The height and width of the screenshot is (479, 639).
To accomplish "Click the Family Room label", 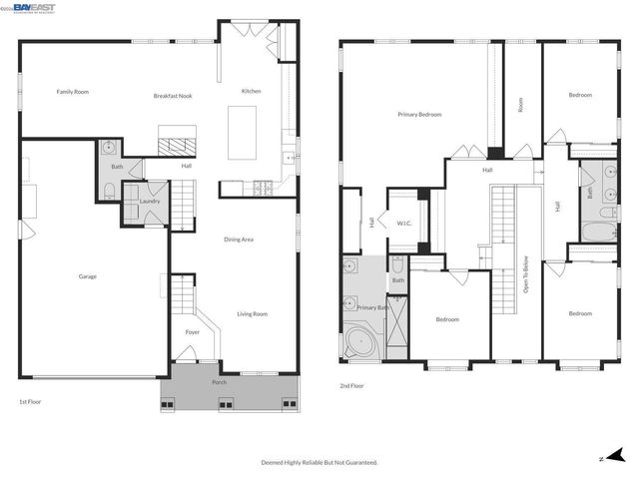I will pyautogui.click(x=72, y=92).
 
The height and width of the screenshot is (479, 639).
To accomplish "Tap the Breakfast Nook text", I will pyautogui.click(x=173, y=96).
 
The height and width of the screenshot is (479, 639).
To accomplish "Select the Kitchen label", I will pyautogui.click(x=252, y=92).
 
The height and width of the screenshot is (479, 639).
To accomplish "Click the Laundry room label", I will pyautogui.click(x=150, y=202).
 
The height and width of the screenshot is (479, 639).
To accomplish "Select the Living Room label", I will pyautogui.click(x=252, y=314).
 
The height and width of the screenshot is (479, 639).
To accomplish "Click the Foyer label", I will pyautogui.click(x=193, y=332).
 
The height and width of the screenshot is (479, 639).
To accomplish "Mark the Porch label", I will pyautogui.click(x=218, y=382).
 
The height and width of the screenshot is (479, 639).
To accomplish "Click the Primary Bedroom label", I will pyautogui.click(x=419, y=115).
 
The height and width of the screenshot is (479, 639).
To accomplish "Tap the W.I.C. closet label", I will pyautogui.click(x=405, y=224).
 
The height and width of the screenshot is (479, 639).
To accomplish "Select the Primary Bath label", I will pyautogui.click(x=373, y=308).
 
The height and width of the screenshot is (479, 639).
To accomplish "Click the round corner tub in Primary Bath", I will pyautogui.click(x=358, y=343).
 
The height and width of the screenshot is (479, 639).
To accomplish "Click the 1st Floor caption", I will pyautogui.click(x=30, y=401).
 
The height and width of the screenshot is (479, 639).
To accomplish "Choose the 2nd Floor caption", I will pyautogui.click(x=352, y=384).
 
